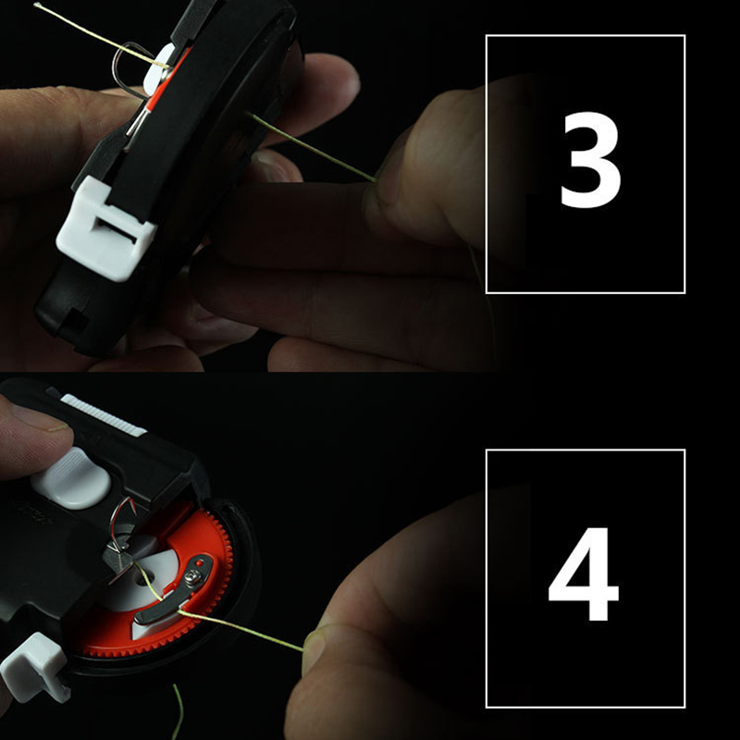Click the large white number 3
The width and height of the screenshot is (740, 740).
(591, 160)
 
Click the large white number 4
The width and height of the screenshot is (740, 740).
(584, 573)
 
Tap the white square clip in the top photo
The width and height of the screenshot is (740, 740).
(105, 229)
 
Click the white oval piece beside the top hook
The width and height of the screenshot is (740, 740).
(158, 68)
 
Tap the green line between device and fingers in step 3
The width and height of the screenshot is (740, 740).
(312, 148)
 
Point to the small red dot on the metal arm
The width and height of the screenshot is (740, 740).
(199, 563)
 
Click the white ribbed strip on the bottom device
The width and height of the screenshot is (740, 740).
(104, 415)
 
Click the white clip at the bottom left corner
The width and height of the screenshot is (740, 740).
(34, 666)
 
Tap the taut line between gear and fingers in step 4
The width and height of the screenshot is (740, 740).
(240, 630)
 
